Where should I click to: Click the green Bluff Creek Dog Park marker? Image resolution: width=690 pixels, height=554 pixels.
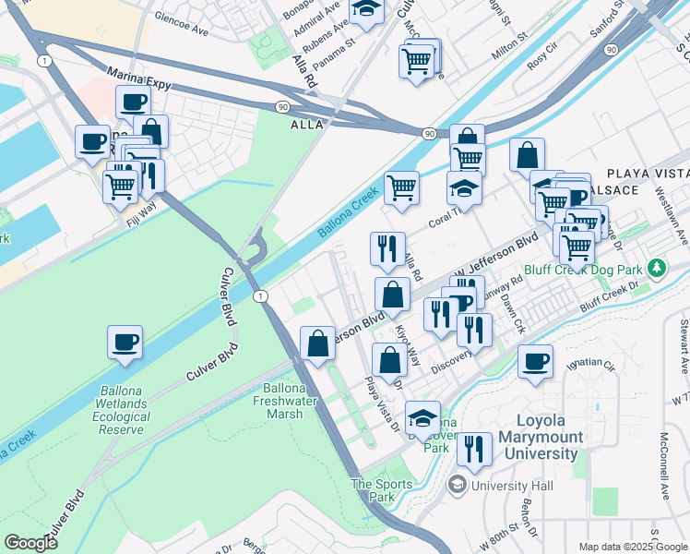click(x=656, y=269)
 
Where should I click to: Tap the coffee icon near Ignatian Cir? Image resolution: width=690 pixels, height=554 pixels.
click(x=534, y=361)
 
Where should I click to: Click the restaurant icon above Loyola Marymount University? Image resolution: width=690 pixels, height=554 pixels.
click(x=474, y=450)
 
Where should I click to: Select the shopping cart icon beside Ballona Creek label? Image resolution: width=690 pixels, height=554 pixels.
click(x=401, y=187)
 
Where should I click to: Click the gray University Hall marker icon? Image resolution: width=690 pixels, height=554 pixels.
click(x=457, y=485)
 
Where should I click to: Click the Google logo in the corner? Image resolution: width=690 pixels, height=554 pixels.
click(x=31, y=543)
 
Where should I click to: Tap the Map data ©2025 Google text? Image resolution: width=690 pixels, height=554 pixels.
click(x=632, y=547)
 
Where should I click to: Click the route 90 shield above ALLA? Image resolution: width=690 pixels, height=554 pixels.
click(x=280, y=107)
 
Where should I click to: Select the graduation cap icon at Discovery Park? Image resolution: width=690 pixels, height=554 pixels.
click(x=423, y=417)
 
